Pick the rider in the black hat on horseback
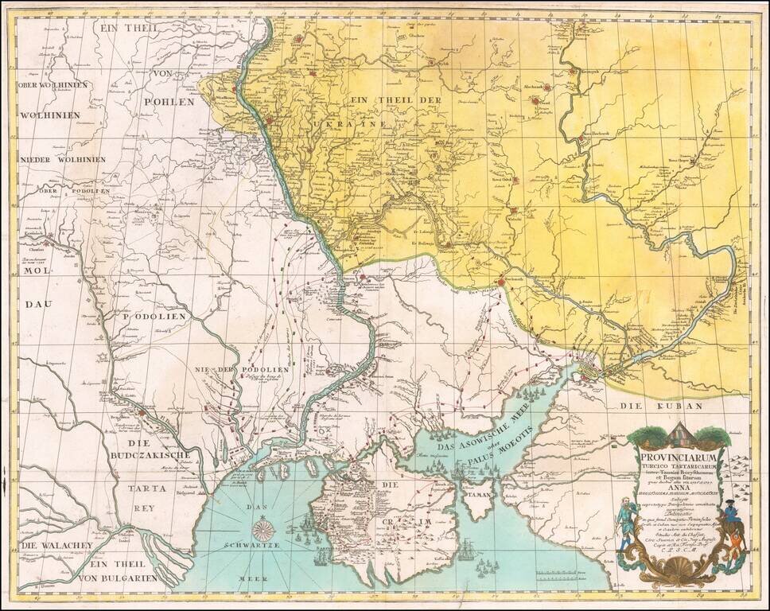733,532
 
